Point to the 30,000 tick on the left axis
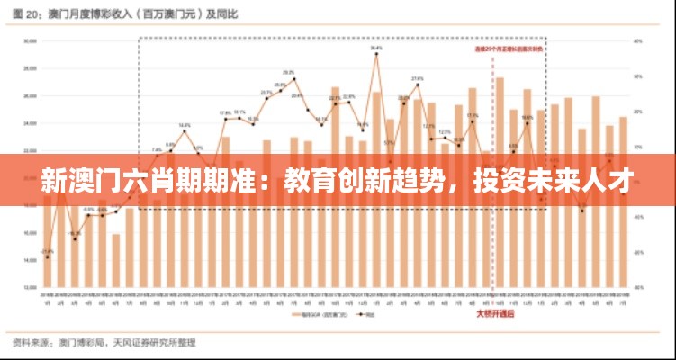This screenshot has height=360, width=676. click(30, 40)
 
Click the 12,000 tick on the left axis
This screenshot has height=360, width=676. click(30, 287)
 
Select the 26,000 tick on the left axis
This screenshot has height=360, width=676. click(30, 95)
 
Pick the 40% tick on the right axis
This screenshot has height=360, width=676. click(637, 40)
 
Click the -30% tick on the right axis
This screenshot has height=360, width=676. click(637, 287)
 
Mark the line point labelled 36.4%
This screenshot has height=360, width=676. click(376, 54)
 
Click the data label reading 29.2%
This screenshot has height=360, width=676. click(289, 72)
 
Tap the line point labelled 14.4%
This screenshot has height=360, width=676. click(185, 132)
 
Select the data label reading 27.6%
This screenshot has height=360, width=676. click(418, 79)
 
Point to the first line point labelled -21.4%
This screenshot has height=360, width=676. click(47, 257)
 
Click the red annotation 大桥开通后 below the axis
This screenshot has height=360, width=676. click(495, 313)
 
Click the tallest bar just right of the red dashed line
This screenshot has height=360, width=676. click(500, 180)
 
